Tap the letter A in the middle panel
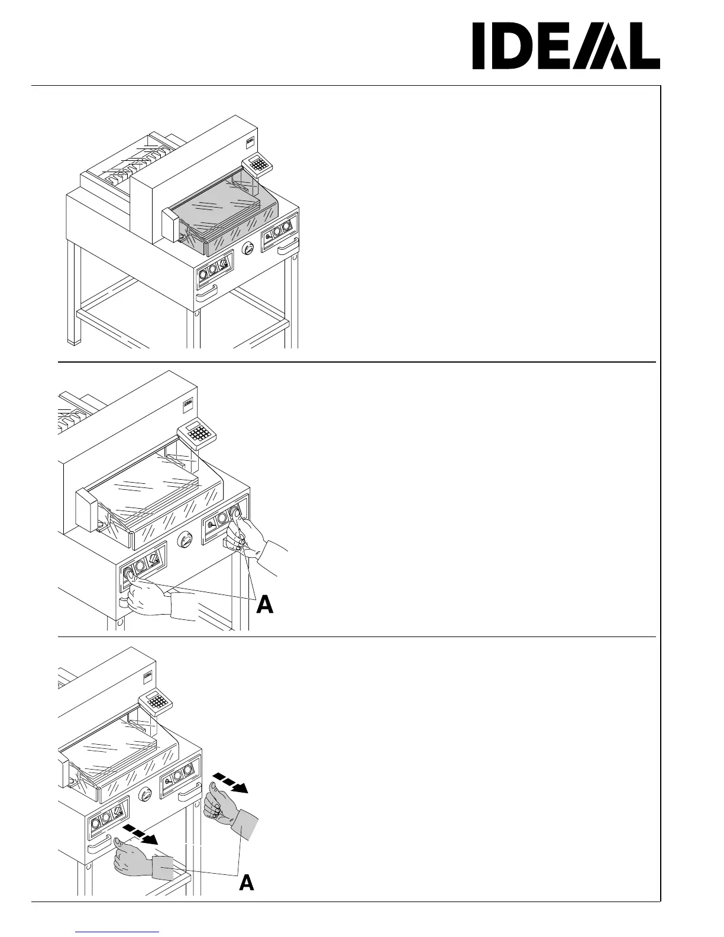264,605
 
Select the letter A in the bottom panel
247,883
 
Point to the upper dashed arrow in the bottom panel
231,781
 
